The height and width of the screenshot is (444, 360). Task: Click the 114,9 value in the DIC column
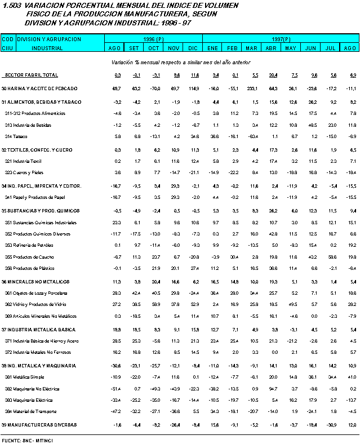tap(194, 88)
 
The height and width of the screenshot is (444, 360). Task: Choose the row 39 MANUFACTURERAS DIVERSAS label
tap(39, 424)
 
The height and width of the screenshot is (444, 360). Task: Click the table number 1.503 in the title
tap(12, 5)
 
